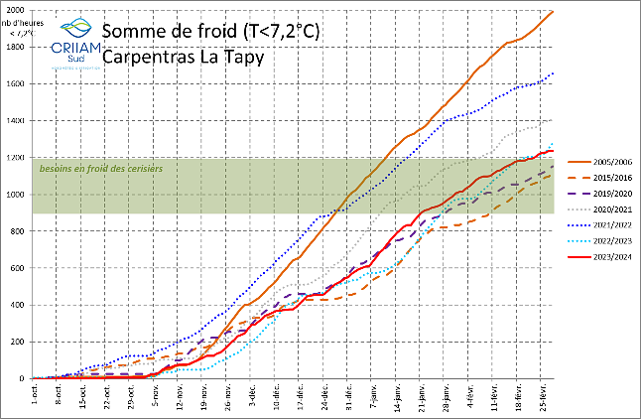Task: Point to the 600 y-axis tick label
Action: pyautogui.click(x=18, y=268)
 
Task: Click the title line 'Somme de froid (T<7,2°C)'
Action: pyautogui.click(x=210, y=31)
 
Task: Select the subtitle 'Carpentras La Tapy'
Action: pyautogui.click(x=184, y=57)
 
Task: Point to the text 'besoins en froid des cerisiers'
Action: pyautogui.click(x=99, y=169)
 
